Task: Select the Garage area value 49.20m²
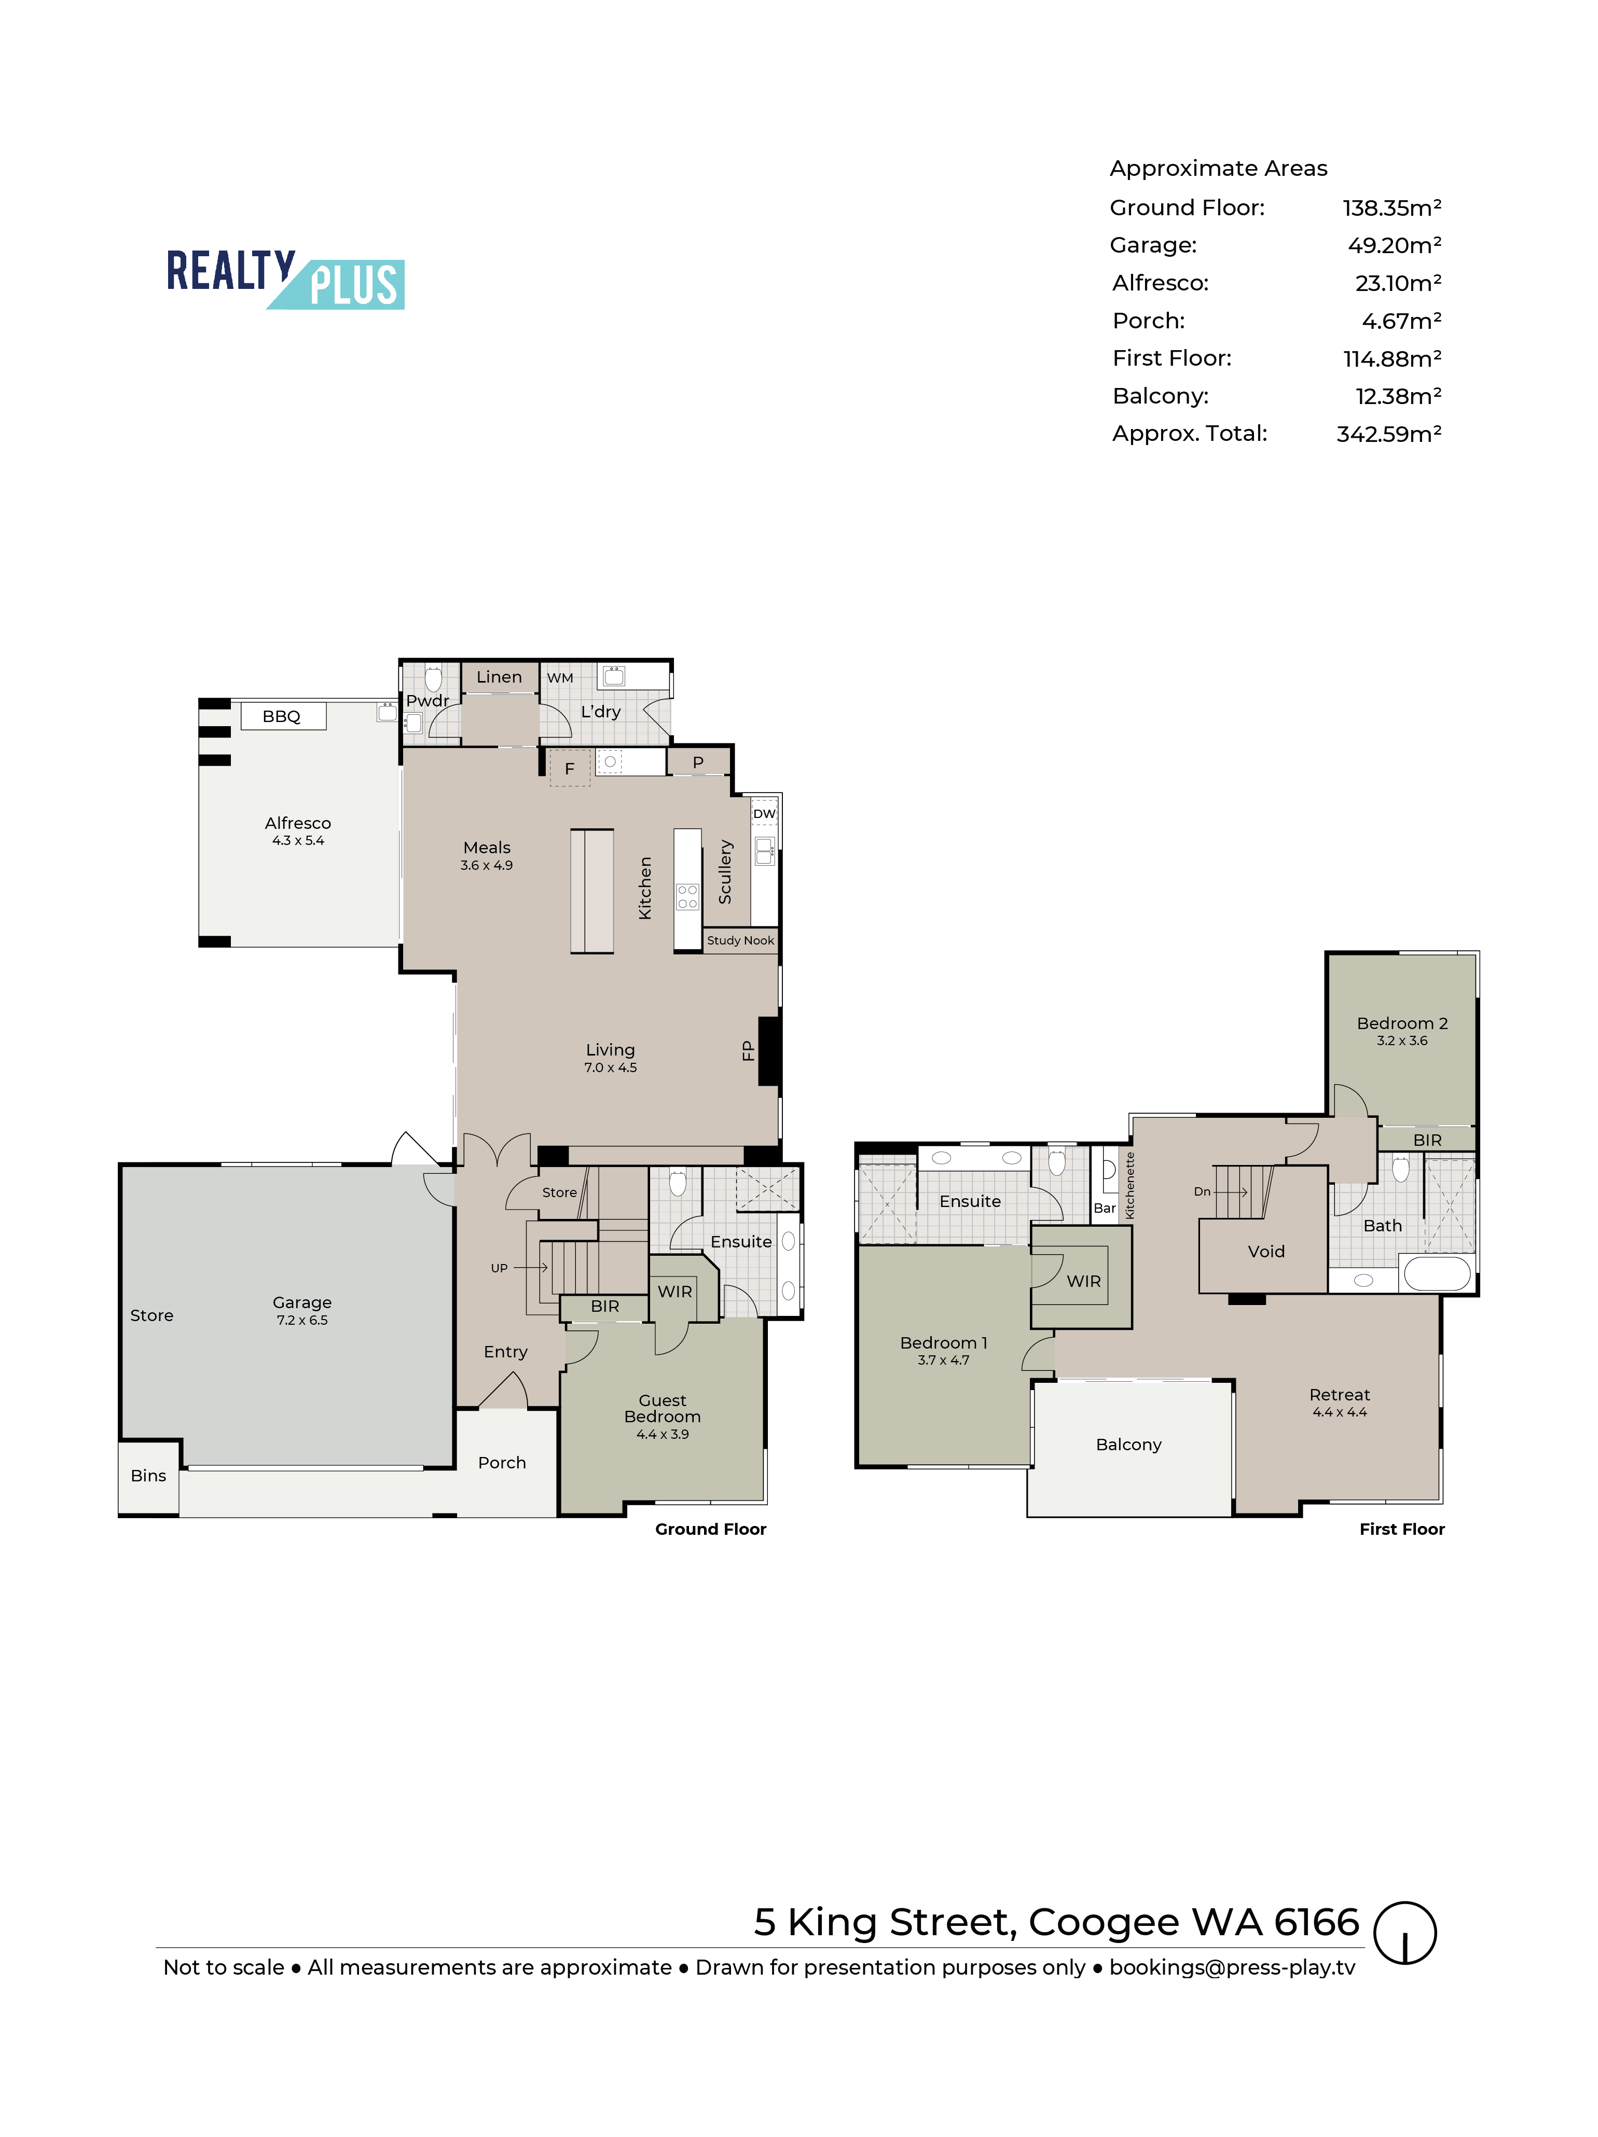[x=1394, y=245]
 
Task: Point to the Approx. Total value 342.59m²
[x=1388, y=434]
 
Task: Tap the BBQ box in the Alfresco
[x=282, y=716]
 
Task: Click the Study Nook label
[x=740, y=940]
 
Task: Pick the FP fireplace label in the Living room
[x=747, y=1050]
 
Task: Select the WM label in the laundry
[x=560, y=678]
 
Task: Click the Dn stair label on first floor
[x=1202, y=1191]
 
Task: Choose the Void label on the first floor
[x=1265, y=1251]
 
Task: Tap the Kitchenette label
[x=1131, y=1185]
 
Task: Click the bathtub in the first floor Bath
[x=1437, y=1273]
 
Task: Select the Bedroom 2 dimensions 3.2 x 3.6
[x=1402, y=1040]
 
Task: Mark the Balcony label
[x=1128, y=1445]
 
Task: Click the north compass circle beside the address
[x=1405, y=1933]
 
